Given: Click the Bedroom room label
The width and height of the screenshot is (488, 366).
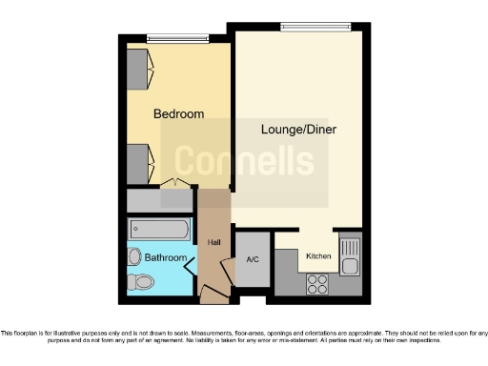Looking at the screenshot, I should (179, 114).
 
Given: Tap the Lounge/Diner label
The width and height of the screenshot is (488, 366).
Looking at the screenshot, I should (299, 129).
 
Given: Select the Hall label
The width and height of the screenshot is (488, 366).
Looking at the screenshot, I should (214, 243).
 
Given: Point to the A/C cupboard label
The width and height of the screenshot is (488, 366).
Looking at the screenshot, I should (253, 259).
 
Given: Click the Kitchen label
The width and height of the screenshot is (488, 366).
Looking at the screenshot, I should (317, 255).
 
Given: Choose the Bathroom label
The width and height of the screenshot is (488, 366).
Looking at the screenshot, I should (165, 257).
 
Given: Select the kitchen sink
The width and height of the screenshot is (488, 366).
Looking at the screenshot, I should (349, 251).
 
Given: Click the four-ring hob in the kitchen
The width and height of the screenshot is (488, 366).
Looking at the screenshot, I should (317, 283).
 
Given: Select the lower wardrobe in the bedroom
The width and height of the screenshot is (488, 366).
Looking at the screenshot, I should (140, 162).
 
